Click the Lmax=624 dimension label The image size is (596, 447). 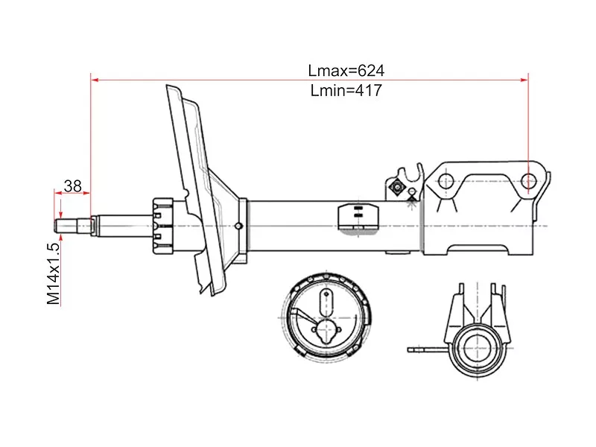(346, 71)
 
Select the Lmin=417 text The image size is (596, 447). (346, 90)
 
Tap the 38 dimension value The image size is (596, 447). (72, 186)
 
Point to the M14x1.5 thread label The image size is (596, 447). (53, 273)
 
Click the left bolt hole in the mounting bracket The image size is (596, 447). (445, 182)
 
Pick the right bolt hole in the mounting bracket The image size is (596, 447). (528, 181)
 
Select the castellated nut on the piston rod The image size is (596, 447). (162, 226)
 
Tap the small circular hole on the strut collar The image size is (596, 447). (238, 226)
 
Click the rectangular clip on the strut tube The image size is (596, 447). (358, 217)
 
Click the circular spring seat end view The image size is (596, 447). (326, 317)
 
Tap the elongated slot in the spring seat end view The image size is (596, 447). (326, 302)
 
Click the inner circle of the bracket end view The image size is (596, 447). (477, 349)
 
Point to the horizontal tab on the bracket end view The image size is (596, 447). (428, 349)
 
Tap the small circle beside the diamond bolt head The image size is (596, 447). (411, 191)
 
